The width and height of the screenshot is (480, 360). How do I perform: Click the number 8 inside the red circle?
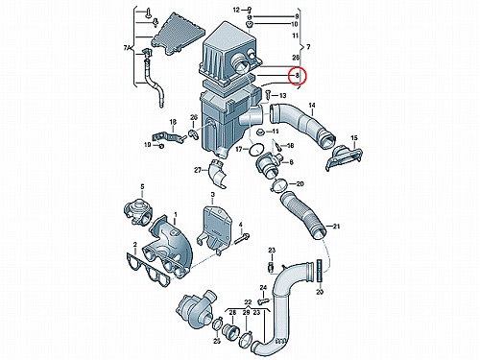click(x=297, y=76)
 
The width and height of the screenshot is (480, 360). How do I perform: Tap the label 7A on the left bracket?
click(x=128, y=48)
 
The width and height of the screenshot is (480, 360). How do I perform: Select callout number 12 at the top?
click(x=236, y=11)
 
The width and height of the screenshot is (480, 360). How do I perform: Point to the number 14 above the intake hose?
click(x=312, y=106)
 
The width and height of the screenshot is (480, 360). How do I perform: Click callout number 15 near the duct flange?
click(x=354, y=138)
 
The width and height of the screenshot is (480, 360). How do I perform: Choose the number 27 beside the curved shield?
click(x=198, y=170)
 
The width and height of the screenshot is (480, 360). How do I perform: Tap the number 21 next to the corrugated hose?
click(x=336, y=227)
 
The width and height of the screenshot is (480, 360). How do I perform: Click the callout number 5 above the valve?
click(x=143, y=186)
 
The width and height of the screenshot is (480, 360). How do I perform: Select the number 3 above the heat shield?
click(x=212, y=194)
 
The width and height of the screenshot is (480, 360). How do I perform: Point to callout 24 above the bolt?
click(x=263, y=288)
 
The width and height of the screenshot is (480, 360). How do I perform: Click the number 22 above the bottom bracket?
click(x=248, y=301)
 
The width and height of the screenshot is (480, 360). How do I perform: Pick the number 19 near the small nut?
click(x=147, y=145)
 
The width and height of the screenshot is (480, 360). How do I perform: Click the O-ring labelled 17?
click(x=256, y=150)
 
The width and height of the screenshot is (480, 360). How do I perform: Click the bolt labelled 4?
click(x=242, y=238)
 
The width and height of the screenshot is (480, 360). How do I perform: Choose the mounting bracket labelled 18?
click(x=169, y=137)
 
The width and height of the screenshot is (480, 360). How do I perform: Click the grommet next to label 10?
click(x=250, y=25)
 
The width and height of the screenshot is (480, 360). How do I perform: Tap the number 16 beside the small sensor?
click(x=290, y=146)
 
